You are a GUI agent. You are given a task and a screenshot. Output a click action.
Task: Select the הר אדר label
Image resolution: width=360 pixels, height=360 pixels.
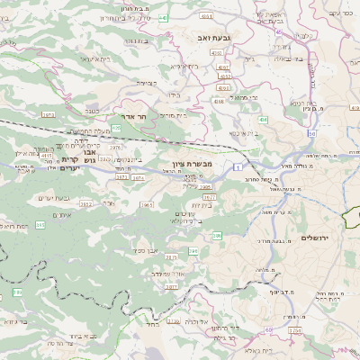120,116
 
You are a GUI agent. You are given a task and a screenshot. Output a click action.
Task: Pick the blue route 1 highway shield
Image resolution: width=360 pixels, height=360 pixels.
236,166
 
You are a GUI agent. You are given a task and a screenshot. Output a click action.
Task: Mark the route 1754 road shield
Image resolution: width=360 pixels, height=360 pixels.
295,331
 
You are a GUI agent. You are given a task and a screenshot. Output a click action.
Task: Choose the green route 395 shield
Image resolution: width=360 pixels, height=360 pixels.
116,129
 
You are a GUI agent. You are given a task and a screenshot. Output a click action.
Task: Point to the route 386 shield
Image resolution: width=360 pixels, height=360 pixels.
217,235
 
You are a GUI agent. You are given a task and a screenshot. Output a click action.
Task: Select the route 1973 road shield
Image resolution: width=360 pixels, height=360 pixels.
48,115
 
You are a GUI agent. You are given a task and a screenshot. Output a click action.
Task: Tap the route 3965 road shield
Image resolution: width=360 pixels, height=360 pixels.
147,205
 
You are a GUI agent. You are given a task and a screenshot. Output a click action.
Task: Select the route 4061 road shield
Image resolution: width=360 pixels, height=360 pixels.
206,16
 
